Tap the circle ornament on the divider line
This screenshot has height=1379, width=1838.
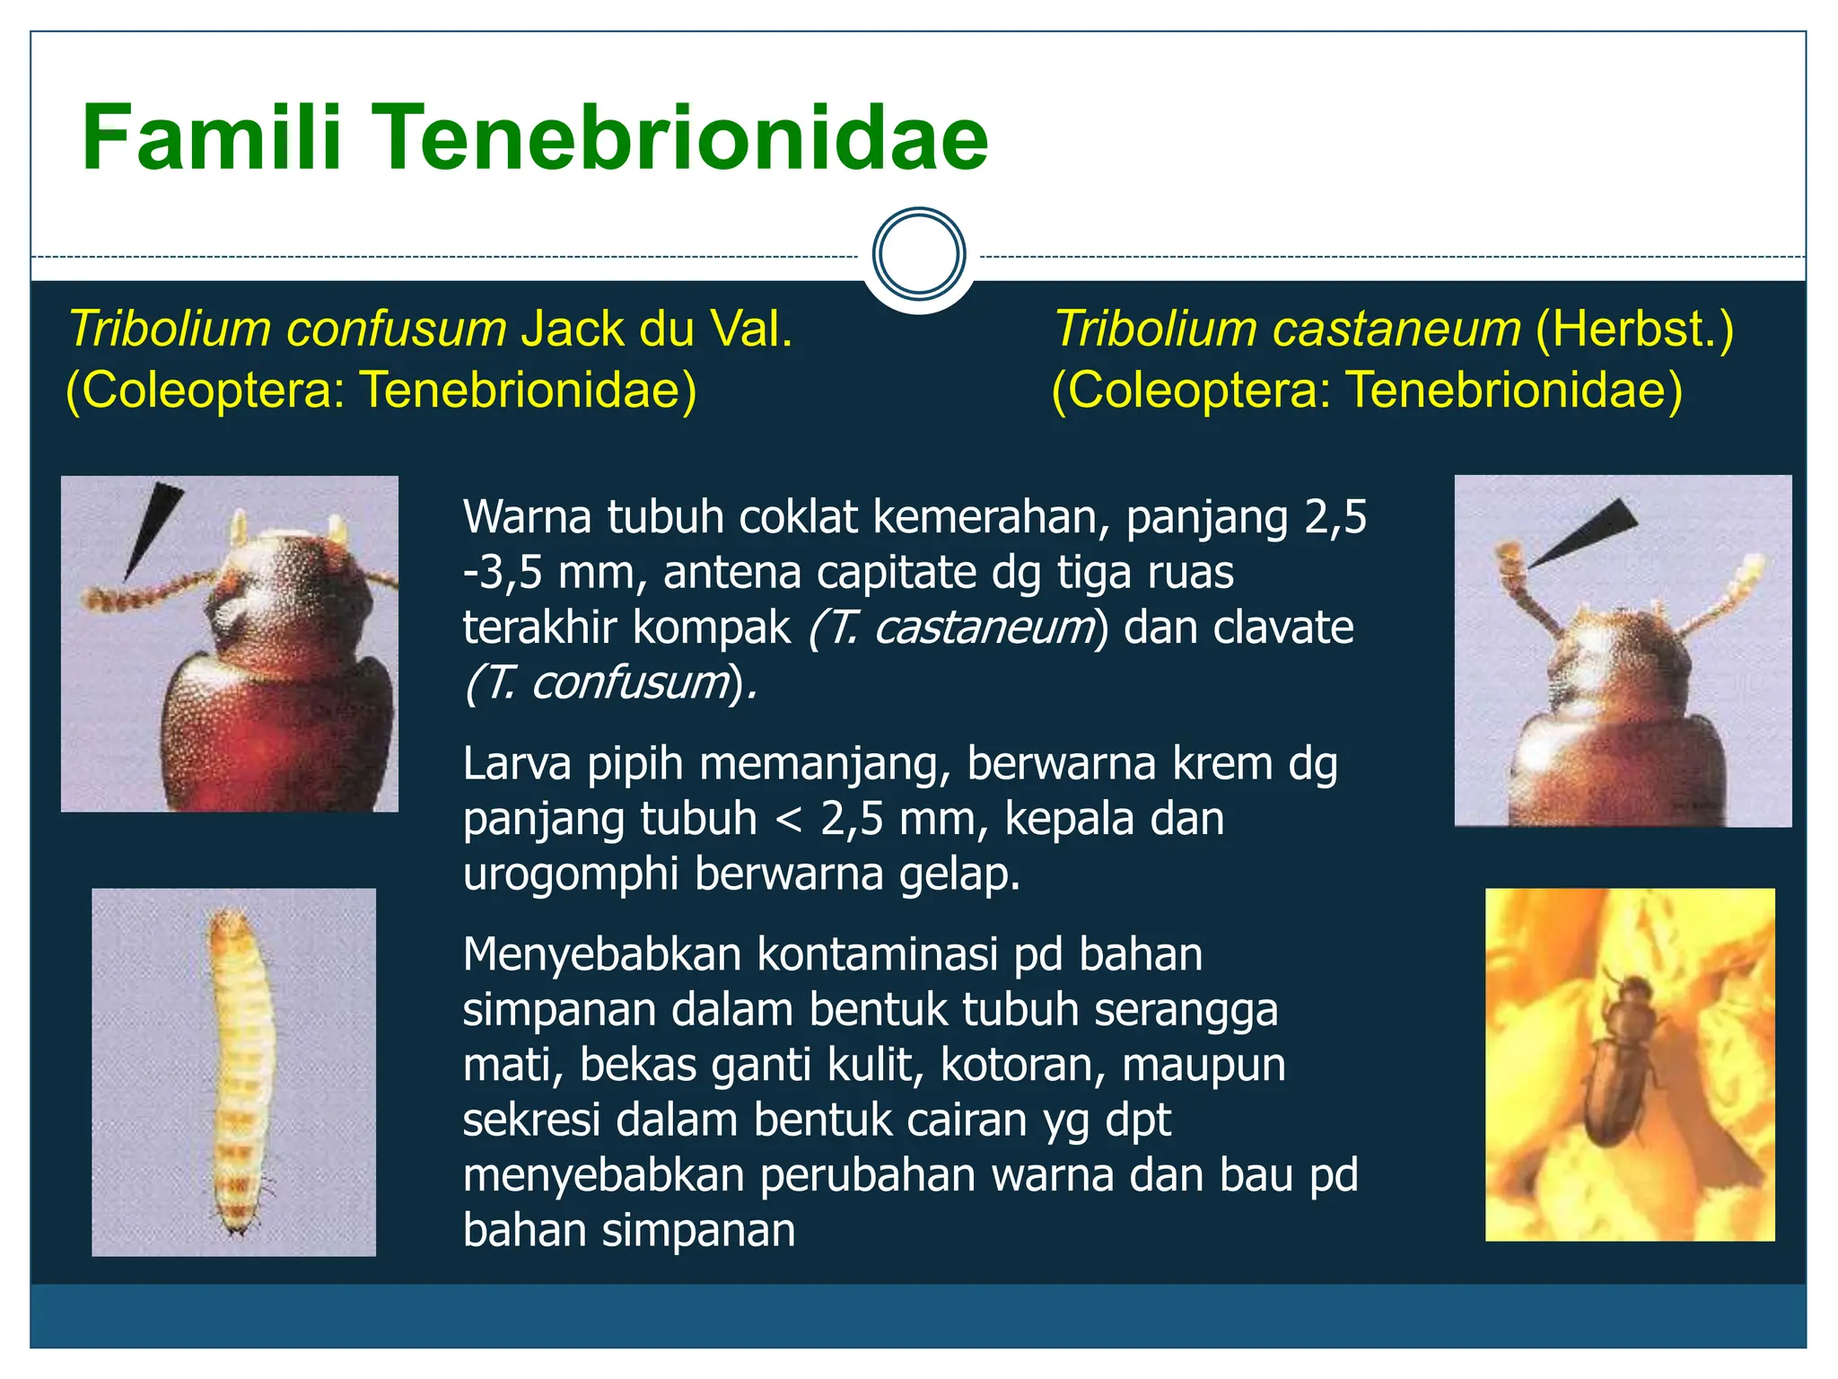(x=918, y=254)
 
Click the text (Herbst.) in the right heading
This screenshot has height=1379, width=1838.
(x=1634, y=329)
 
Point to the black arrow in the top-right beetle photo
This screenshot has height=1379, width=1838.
(x=1589, y=533)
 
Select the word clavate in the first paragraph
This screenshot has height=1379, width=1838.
(x=1282, y=628)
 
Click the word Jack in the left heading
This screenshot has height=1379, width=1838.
(x=572, y=329)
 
